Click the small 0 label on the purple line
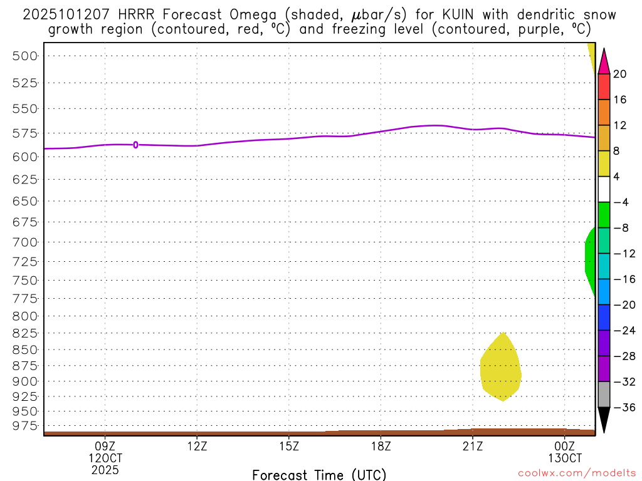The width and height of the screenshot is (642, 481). [x=135, y=145]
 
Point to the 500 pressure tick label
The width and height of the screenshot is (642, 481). [x=26, y=56]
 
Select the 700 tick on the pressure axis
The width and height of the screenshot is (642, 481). [x=26, y=242]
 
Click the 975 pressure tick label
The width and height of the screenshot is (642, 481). [x=26, y=426]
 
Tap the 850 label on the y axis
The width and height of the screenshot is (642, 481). [x=26, y=349]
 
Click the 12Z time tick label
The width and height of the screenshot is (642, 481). [x=197, y=447]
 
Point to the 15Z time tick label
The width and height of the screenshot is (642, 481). [x=288, y=447]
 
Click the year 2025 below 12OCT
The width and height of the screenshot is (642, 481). [x=105, y=469]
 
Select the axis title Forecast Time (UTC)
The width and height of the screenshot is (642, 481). [x=319, y=474]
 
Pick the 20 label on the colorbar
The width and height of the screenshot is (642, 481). [x=620, y=74]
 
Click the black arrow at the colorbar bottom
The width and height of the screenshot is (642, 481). [x=604, y=418]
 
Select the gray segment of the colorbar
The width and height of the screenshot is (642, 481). [x=604, y=394]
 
